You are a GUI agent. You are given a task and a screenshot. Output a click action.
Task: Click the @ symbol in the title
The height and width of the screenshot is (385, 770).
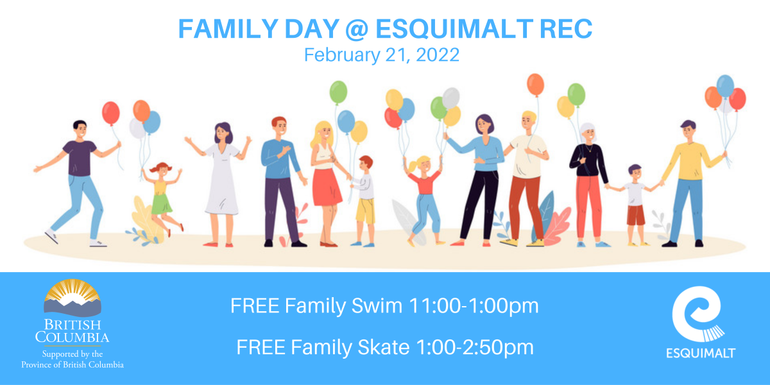pyautogui.click(x=357, y=30)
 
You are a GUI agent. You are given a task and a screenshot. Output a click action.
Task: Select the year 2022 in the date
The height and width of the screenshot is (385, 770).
pyautogui.click(x=438, y=55)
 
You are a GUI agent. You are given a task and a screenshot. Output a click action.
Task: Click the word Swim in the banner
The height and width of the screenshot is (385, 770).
pyautogui.click(x=377, y=305)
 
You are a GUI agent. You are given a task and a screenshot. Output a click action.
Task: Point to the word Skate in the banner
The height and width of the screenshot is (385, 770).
pyautogui.click(x=384, y=347)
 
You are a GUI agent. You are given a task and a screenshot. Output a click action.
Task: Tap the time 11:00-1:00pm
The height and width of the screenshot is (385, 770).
pyautogui.click(x=474, y=306)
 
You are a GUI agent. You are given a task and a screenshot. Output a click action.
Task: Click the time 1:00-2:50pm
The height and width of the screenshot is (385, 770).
pyautogui.click(x=475, y=347)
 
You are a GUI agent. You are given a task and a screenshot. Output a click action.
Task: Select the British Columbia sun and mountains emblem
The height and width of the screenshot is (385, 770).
pyautogui.click(x=73, y=298)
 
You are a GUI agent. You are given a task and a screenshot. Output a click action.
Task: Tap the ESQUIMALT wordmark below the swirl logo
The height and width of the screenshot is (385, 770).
pyautogui.click(x=701, y=353)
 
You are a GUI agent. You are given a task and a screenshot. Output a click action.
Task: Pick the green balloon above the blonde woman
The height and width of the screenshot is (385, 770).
pyautogui.click(x=338, y=92)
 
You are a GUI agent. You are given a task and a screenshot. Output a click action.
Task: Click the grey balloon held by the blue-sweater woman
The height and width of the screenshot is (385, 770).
pyautogui.click(x=450, y=98)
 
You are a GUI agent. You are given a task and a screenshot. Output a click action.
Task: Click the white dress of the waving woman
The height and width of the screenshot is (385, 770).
pyautogui.click(x=222, y=180)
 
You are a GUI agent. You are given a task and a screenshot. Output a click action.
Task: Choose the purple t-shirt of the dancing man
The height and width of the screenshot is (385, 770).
pyautogui.click(x=80, y=158)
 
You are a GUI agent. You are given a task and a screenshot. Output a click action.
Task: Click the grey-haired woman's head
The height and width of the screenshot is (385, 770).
pyautogui.click(x=588, y=133)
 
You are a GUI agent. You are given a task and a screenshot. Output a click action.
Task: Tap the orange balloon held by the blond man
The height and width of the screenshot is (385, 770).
pyautogui.click(x=535, y=85)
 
